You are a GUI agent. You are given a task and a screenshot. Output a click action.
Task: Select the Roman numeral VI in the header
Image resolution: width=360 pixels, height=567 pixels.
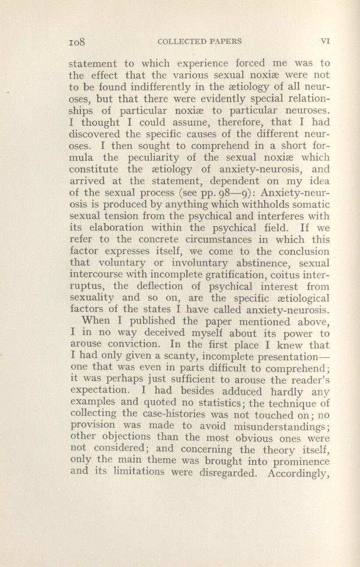click(325, 41)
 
